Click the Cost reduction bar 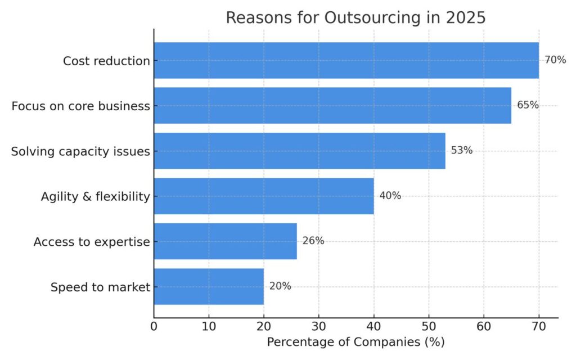346,60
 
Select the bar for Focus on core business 332,105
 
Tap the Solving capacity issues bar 299,151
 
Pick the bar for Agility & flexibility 264,196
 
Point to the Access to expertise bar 225,241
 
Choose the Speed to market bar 209,286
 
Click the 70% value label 555,60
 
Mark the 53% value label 462,150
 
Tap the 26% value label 313,241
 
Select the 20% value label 280,286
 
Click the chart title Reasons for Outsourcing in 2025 355,17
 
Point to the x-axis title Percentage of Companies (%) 355,342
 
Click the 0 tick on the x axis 154,326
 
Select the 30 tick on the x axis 319,326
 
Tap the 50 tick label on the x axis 429,326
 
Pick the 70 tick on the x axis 539,326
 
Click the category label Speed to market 101,287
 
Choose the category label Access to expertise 92,242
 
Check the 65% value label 528,105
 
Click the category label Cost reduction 106,61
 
